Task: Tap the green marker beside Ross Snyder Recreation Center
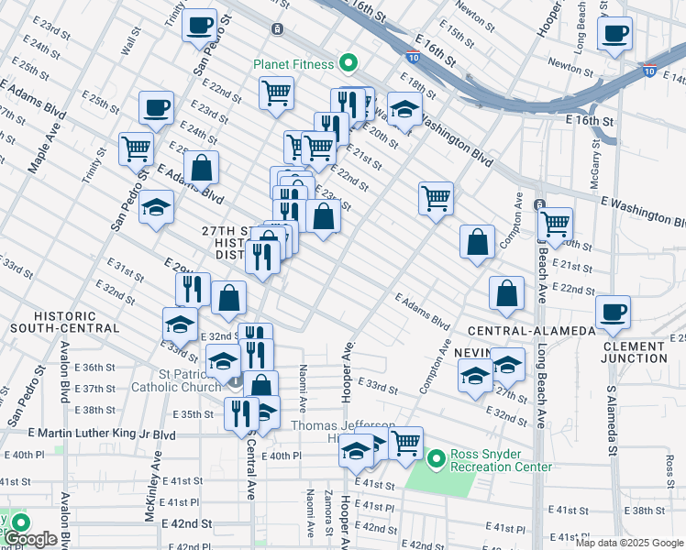pyautogui.click(x=437, y=456)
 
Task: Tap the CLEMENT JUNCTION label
pyautogui.click(x=635, y=352)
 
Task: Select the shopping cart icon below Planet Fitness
pyautogui.click(x=276, y=93)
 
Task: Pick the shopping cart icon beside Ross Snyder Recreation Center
pyautogui.click(x=405, y=443)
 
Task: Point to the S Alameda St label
pyautogui.click(x=611, y=421)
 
